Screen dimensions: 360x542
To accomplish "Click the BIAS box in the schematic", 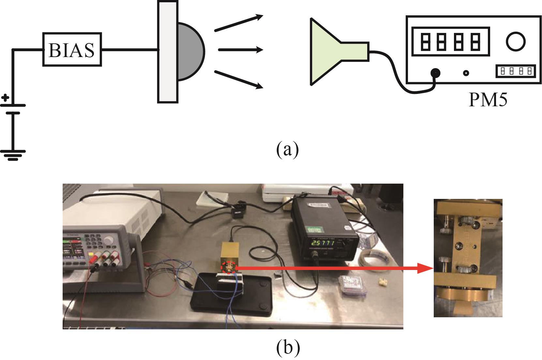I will click(x=72, y=50).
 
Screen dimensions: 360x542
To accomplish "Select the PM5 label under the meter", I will click(x=488, y=100).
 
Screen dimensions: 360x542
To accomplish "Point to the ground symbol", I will click(x=13, y=155).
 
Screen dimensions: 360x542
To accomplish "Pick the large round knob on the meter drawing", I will click(x=516, y=42).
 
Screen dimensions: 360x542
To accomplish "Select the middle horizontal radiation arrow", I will click(x=240, y=50).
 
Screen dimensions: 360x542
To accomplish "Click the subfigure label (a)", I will click(x=287, y=149).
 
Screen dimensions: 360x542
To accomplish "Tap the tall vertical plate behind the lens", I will click(x=168, y=52).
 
